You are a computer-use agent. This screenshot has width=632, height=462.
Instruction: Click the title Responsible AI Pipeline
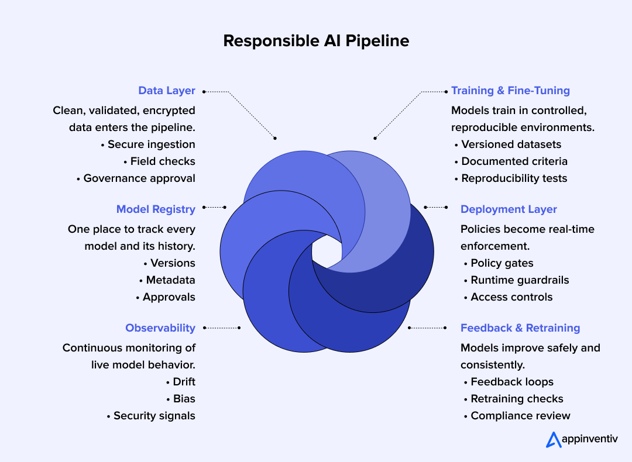tap(316, 41)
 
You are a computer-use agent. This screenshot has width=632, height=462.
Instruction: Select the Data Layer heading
tap(167, 91)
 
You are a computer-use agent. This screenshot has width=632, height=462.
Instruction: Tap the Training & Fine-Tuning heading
tap(510, 91)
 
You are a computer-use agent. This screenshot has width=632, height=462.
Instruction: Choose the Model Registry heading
tap(156, 209)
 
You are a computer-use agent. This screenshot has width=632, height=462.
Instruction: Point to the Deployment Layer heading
tap(509, 209)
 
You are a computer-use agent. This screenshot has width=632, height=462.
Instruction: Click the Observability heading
tap(160, 328)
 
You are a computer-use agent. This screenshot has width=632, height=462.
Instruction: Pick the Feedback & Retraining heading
tap(520, 328)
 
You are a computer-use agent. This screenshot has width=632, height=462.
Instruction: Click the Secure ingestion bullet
tap(151, 144)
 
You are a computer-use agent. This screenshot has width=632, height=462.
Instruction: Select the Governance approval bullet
tap(139, 178)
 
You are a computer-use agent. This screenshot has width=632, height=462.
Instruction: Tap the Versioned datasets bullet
tap(511, 144)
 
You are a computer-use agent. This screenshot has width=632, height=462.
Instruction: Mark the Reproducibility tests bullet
tap(514, 178)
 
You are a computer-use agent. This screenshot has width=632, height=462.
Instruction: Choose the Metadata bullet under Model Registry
tap(170, 280)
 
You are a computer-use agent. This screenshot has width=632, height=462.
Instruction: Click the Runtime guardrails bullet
tap(520, 280)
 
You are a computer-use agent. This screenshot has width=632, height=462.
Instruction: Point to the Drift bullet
tap(184, 382)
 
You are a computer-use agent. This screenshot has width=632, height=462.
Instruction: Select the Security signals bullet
tap(154, 416)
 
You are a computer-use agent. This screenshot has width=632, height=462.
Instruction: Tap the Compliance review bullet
tap(520, 416)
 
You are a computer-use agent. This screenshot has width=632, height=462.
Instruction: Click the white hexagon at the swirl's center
tap(327, 251)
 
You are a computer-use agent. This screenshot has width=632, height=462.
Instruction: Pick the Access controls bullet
tap(511, 297)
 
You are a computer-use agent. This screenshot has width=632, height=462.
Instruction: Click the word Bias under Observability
tap(184, 399)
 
